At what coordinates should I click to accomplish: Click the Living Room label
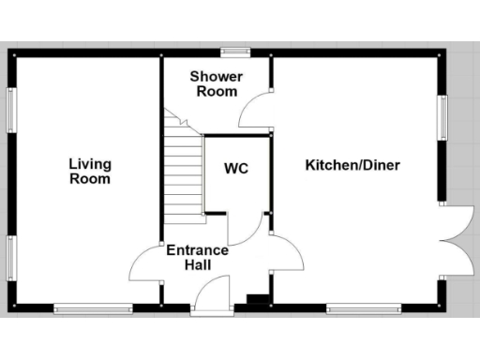click(x=90, y=172)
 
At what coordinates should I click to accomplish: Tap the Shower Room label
click(x=217, y=83)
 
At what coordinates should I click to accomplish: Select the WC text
click(x=235, y=169)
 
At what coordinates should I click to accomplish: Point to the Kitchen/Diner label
click(x=352, y=166)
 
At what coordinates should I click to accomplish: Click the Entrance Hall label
click(x=197, y=258)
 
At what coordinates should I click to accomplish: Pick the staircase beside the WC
click(x=186, y=173)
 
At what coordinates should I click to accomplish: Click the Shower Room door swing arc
click(x=253, y=112)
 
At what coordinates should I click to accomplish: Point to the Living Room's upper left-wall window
click(x=12, y=111)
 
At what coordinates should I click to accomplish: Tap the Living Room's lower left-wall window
click(x=12, y=258)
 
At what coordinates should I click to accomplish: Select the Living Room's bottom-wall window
click(x=92, y=307)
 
